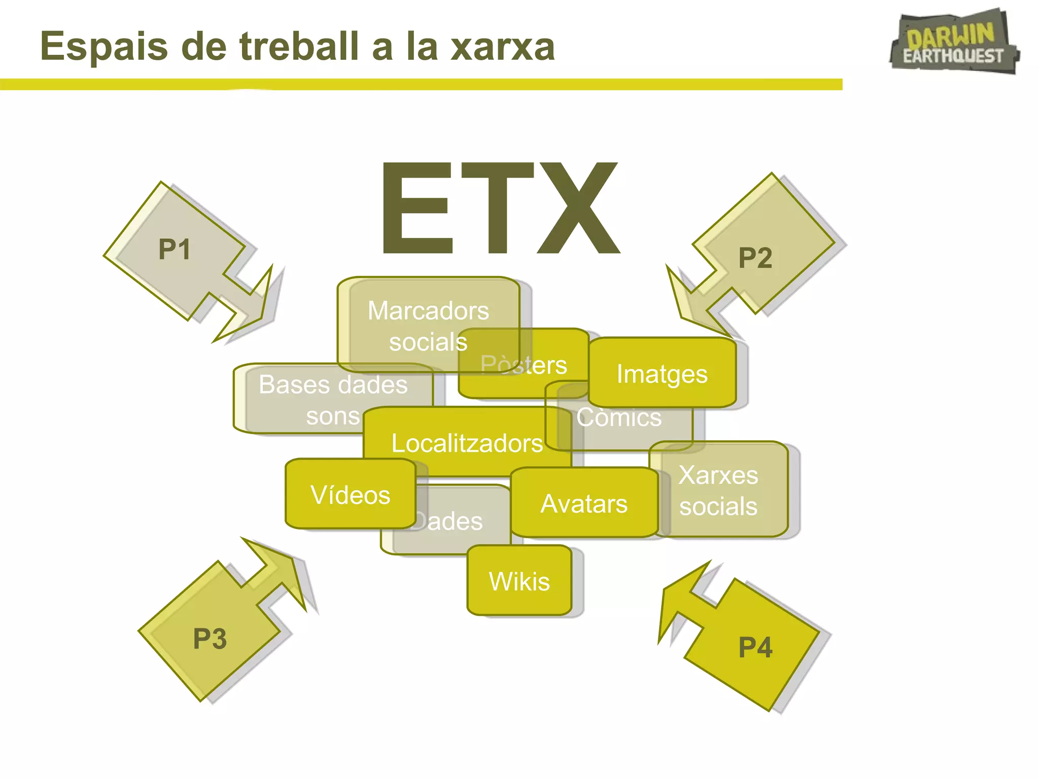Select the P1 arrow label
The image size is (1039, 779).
[174, 250]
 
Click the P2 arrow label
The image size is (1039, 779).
[755, 258]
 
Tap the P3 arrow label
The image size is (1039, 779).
[210, 639]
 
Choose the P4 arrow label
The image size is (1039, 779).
[755, 648]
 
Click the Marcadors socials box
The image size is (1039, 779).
[428, 325]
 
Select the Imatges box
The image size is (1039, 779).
[662, 374]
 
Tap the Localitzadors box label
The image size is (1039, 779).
[467, 443]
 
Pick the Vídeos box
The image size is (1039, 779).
[350, 494]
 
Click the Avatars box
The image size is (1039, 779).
[584, 504]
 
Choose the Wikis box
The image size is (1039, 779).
[519, 581]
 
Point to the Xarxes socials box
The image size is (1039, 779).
[718, 490]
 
